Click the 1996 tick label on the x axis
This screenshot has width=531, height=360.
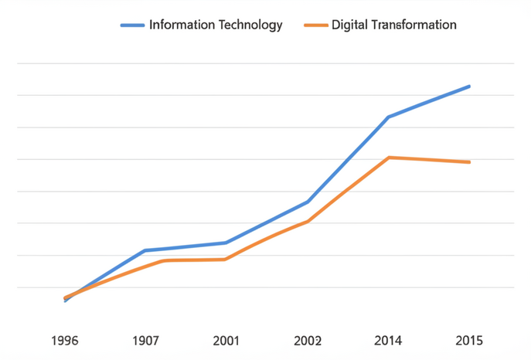[65, 341]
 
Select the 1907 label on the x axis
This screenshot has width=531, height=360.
[145, 341]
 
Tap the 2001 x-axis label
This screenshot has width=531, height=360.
[226, 341]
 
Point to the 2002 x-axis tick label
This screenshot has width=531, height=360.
[308, 341]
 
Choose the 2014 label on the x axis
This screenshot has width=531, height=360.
[388, 341]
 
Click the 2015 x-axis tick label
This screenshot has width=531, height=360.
[469, 341]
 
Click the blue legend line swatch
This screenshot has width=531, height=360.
[132, 25]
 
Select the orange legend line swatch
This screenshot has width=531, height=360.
[315, 25]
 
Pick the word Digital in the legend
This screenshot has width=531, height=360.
[349, 25]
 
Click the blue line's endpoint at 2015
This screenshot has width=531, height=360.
[469, 87]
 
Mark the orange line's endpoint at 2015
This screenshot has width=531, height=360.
[469, 162]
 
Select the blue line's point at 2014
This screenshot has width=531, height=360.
[388, 117]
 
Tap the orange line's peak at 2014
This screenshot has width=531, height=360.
[389, 158]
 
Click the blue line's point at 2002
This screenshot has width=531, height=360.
[308, 202]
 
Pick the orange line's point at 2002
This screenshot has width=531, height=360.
[308, 221]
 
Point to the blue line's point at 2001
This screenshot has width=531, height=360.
[226, 243]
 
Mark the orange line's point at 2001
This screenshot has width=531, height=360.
[226, 259]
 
